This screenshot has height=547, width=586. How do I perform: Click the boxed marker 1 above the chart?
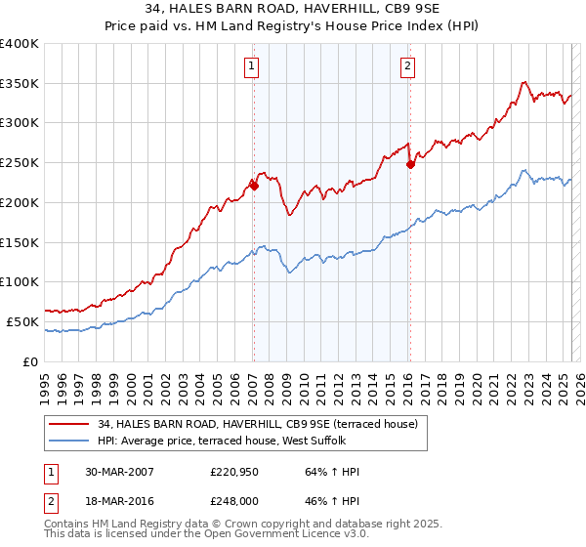click(x=252, y=66)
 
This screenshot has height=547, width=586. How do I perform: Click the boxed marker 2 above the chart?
click(x=406, y=66)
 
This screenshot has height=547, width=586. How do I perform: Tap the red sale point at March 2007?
click(x=253, y=185)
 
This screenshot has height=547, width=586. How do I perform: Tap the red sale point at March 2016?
click(x=410, y=164)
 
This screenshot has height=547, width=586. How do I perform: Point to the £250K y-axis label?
click(x=20, y=162)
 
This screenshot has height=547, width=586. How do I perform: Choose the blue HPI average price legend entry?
click(x=235, y=441)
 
